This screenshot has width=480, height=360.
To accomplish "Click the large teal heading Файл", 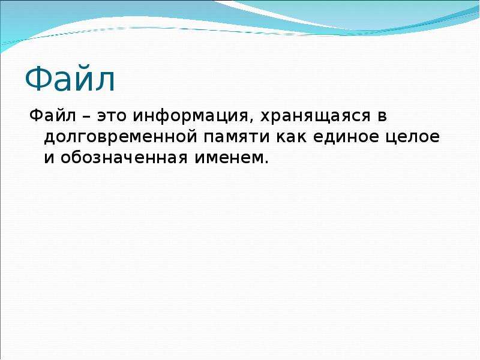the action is (70, 79).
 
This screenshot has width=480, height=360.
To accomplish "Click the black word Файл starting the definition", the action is (53, 116).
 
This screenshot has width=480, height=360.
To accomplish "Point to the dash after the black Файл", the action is (86, 117).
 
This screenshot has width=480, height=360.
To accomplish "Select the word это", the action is (112, 117).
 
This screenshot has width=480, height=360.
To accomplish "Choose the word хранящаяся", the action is (316, 116).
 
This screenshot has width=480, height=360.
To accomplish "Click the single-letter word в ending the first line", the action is (383, 117).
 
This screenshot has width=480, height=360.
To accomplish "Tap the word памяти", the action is (236, 138).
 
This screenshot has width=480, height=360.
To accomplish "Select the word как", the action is (292, 138).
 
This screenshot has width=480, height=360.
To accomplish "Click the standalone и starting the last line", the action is (49, 158).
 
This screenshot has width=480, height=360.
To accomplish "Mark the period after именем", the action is (266, 161).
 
